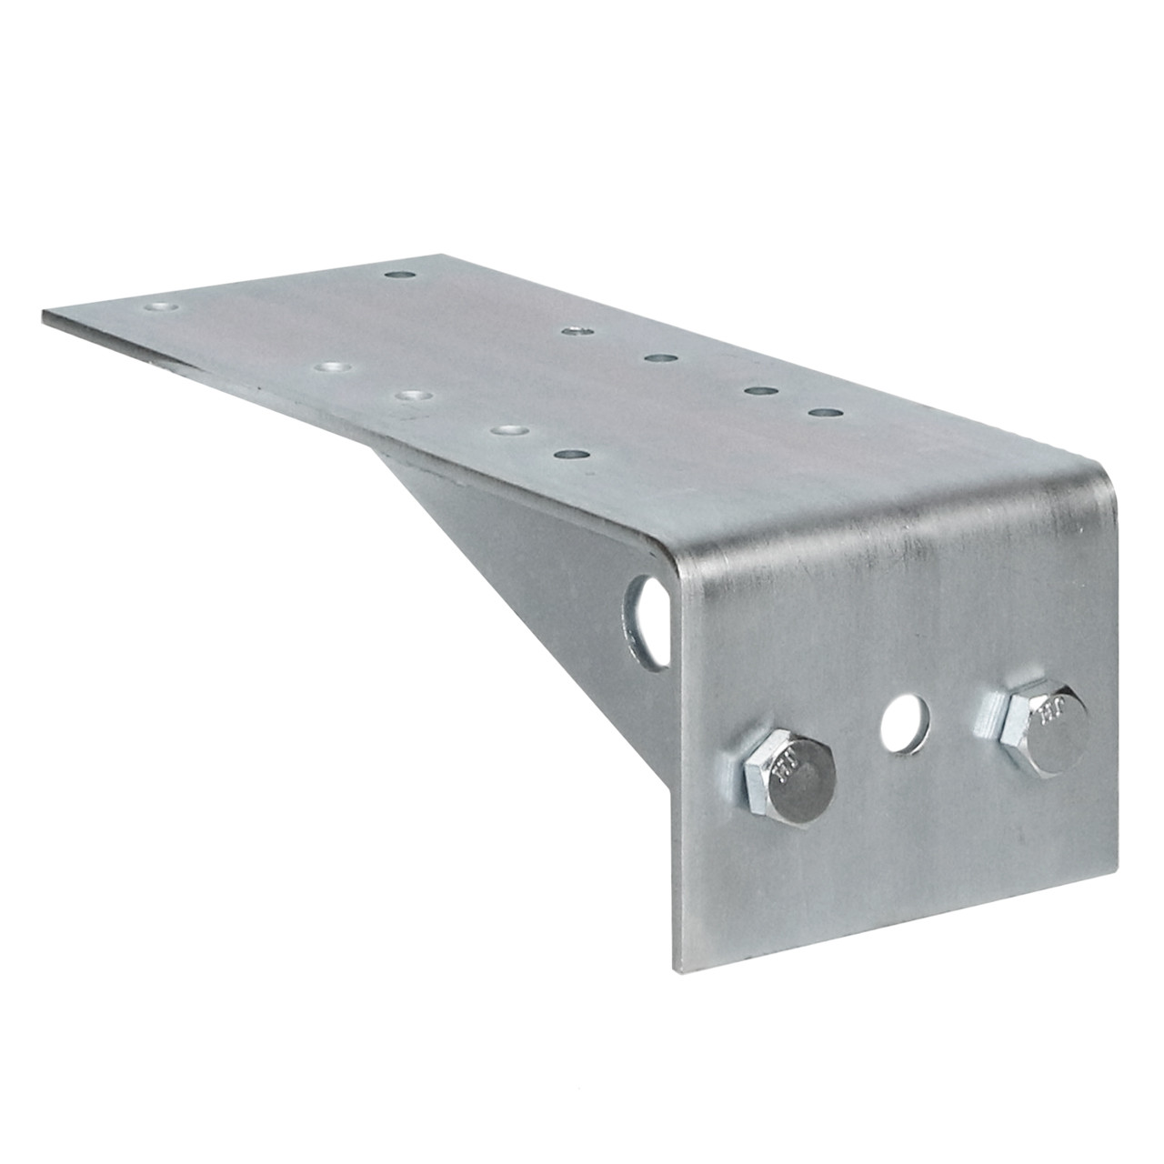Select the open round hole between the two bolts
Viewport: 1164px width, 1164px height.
point(906,723)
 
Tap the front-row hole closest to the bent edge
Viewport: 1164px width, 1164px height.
point(570,454)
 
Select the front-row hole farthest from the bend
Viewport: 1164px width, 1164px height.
point(333,366)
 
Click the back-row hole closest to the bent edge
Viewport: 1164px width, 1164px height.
point(824,413)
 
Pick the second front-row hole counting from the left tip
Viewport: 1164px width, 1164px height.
point(414,396)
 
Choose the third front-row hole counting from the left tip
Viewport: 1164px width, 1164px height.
point(509,428)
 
